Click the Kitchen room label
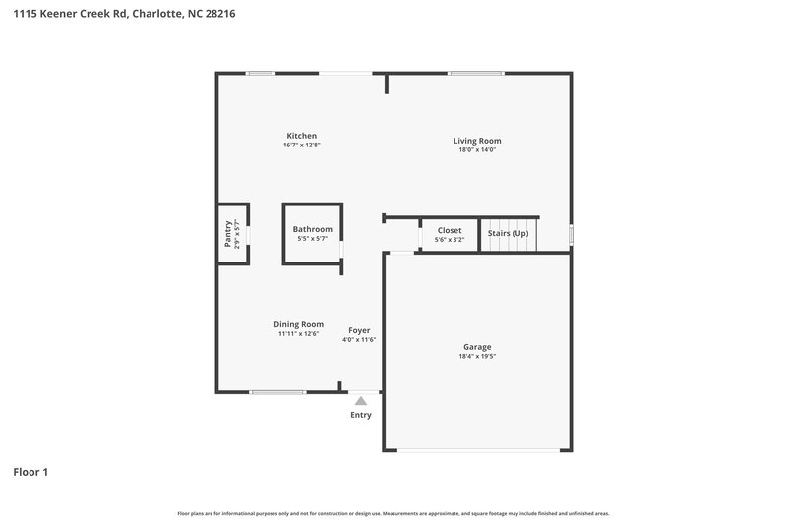[301, 135]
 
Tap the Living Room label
[477, 141]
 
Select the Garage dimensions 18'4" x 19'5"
[477, 357]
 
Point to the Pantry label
[228, 233]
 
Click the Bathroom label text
[312, 229]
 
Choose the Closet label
[449, 230]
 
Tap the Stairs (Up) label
[508, 233]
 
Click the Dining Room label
[298, 324]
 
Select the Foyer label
[359, 330]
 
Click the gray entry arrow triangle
[361, 401]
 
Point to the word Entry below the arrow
[361, 415]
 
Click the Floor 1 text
[30, 472]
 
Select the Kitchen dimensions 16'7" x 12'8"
[301, 145]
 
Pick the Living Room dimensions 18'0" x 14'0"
[477, 150]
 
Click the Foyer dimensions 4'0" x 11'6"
[359, 340]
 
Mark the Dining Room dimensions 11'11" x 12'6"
[298, 334]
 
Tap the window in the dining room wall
[277, 392]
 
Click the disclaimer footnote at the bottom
[393, 513]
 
